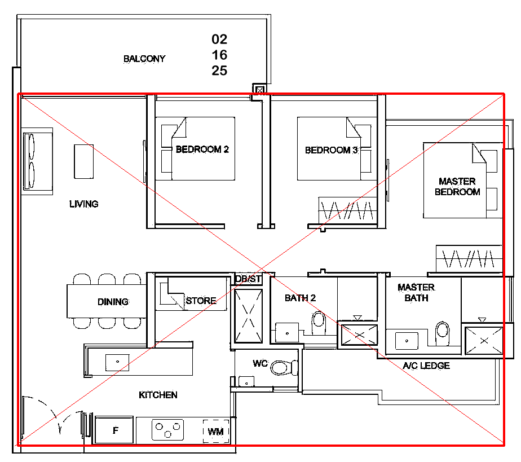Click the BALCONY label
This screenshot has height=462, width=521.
point(144,59)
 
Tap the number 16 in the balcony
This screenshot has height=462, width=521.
point(219,55)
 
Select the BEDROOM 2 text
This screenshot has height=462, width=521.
point(202,149)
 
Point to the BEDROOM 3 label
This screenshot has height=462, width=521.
point(331,150)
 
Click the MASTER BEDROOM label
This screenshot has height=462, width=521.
point(457,187)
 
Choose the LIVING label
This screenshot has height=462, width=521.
point(83,204)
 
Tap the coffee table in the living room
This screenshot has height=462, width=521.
point(83,161)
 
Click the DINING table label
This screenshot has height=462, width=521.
point(113,302)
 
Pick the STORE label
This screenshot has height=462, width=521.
point(201,301)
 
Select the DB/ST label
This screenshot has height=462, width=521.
point(248,279)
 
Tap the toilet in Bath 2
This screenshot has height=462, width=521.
point(319,323)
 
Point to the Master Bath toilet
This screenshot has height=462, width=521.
point(442,333)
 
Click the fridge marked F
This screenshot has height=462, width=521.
point(114,430)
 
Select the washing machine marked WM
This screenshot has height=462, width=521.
point(216,432)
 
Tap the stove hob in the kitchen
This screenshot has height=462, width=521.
point(168,430)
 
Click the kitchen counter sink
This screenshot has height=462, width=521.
point(117,363)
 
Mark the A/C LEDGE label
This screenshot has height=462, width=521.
point(426,366)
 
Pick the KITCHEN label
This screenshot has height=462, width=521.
point(158,395)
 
